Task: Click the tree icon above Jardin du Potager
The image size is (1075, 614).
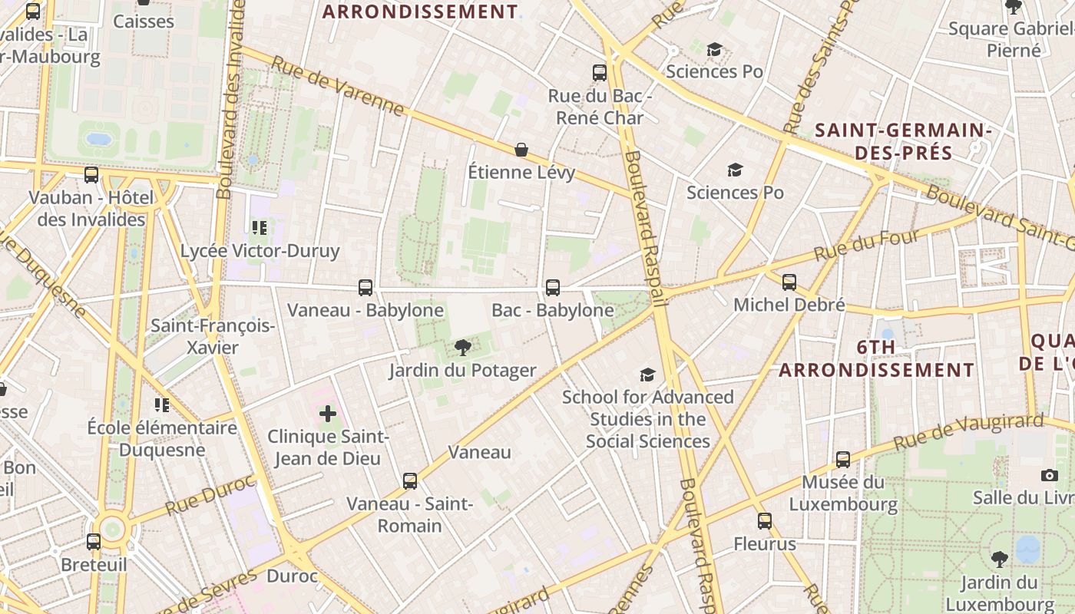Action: [462, 348]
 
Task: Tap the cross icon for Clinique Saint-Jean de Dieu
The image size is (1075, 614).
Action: [328, 414]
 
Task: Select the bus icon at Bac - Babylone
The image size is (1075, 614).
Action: [552, 288]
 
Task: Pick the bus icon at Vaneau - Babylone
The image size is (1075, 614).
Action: [365, 288]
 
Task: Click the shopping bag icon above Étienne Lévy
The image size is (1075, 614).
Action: [521, 149]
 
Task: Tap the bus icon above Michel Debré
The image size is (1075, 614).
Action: [789, 282]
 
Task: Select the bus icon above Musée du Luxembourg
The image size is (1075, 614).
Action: [842, 460]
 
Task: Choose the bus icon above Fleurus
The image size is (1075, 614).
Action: [764, 521]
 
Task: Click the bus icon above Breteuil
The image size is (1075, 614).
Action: [94, 542]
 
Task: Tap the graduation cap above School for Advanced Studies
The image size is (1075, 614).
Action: [647, 375]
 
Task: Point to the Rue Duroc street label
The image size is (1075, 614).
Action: [210, 496]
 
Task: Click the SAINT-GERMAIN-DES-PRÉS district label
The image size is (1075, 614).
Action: [903, 141]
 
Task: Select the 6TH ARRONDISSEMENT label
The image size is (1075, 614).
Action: [877, 358]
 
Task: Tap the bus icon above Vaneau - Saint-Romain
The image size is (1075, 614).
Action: [410, 481]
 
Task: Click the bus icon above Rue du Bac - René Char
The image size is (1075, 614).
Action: [600, 73]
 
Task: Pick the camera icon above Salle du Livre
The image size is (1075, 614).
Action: [1050, 475]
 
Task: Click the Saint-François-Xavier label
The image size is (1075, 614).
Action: [213, 336]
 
